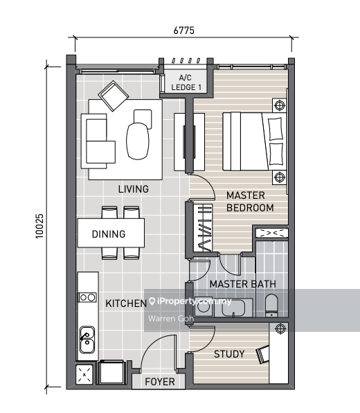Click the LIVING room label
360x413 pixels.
(x=133, y=188)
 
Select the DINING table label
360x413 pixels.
(x=109, y=234)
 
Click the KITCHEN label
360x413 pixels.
(x=125, y=304)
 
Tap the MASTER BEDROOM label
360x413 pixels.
(x=250, y=201)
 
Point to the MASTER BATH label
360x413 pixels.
(x=242, y=284)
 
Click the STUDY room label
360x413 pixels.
(x=228, y=354)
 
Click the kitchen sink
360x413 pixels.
(x=87, y=339)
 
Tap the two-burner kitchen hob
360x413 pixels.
(x=87, y=297)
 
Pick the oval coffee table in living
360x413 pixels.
(x=138, y=138)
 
